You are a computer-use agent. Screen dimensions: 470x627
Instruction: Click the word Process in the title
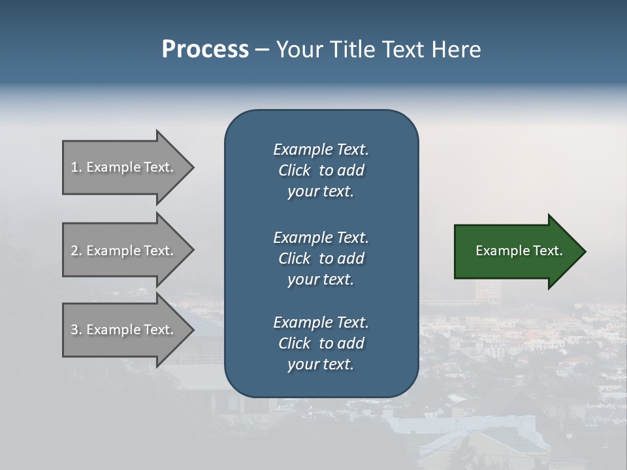205,50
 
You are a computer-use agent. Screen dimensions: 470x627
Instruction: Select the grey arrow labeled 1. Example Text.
124,167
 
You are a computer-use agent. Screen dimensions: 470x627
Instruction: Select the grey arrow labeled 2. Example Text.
124,251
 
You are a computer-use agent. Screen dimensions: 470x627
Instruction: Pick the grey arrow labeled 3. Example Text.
124,330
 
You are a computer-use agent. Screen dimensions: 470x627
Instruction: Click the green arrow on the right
516,251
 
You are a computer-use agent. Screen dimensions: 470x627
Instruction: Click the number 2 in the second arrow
74,251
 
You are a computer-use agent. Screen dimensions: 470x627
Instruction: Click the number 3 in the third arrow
74,330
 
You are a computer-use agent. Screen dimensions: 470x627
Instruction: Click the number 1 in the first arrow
74,167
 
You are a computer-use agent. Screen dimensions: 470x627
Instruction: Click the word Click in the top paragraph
294,171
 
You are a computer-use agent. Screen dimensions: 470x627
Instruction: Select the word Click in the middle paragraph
294,258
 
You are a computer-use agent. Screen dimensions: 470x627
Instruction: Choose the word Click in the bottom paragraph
294,343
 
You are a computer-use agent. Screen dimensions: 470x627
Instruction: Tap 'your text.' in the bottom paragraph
320,365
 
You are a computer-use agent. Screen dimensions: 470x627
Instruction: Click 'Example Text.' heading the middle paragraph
321,238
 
